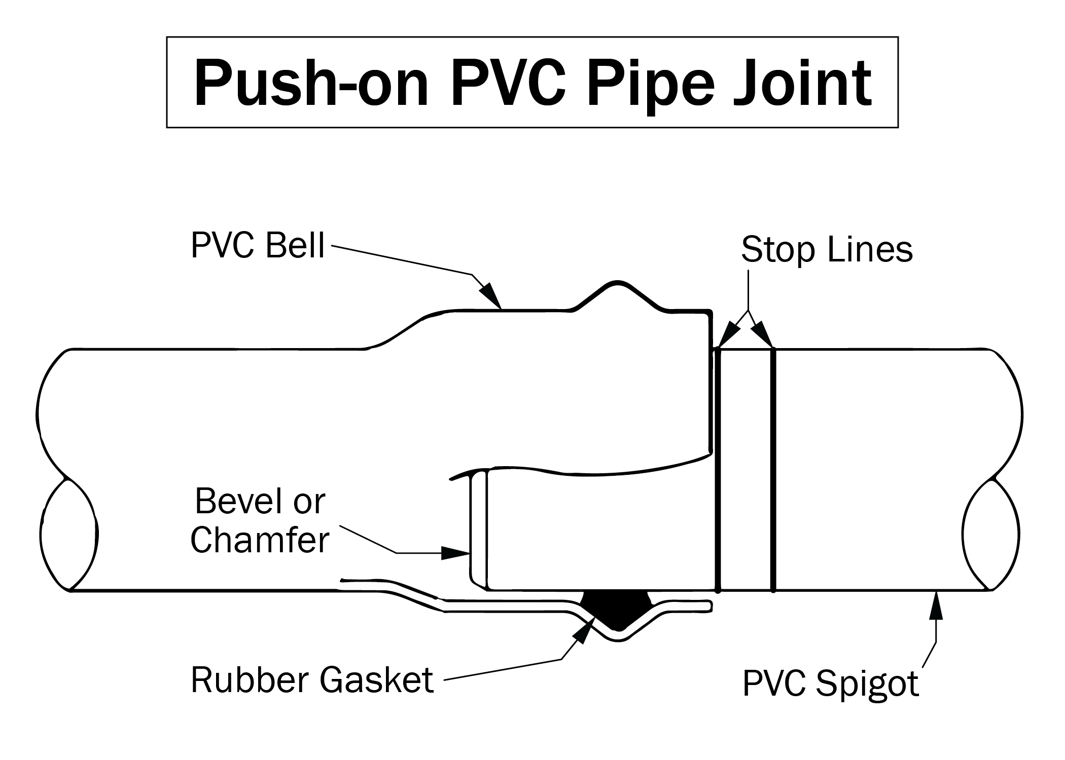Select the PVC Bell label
tap(258, 246)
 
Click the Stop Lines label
tap(827, 249)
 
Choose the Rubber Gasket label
tap(312, 680)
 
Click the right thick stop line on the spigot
tap(773, 469)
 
